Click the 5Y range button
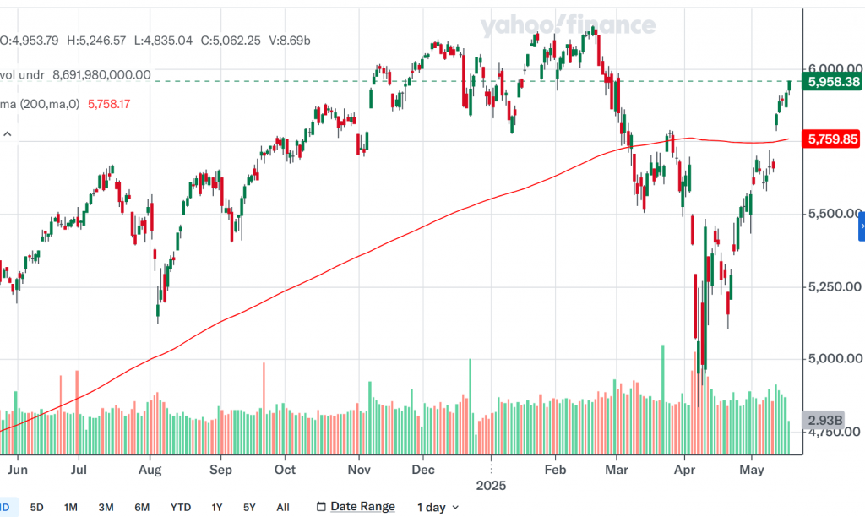249,508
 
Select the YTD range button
180,508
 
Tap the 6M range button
143,508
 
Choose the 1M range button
71,508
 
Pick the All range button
283,508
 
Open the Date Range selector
356,507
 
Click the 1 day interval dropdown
438,508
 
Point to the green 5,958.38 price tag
834,82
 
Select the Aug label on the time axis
150,468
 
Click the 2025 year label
490,486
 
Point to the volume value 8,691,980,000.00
101,75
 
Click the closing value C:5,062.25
228,40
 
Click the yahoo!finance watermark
568,26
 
